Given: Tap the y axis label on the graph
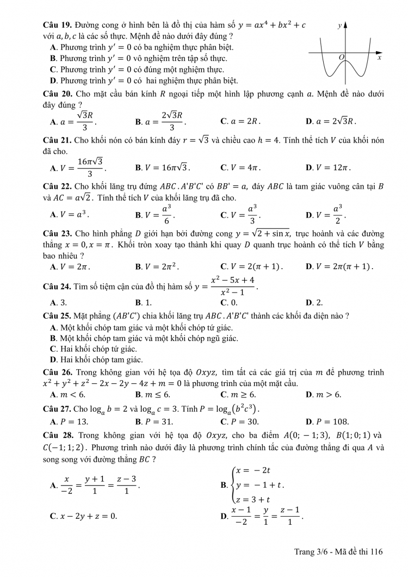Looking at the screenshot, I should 339,25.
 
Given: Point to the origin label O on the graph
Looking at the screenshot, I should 342,57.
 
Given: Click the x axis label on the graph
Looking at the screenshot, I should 379,57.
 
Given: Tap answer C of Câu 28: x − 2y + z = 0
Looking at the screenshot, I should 83,516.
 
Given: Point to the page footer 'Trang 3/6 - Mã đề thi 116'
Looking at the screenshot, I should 339,551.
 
